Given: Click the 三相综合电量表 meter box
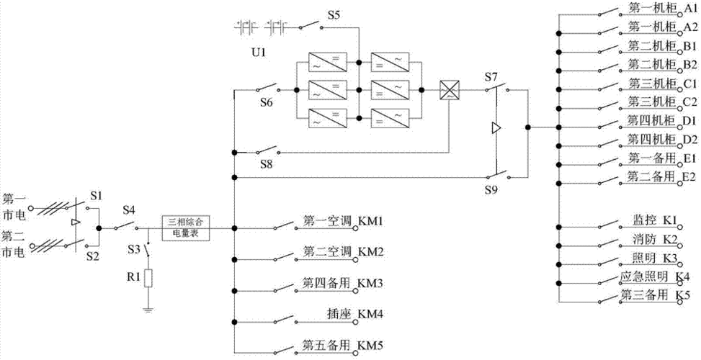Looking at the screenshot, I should click(x=186, y=228).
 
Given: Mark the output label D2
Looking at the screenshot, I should click(x=689, y=138).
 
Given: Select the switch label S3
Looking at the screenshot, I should click(x=133, y=248).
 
